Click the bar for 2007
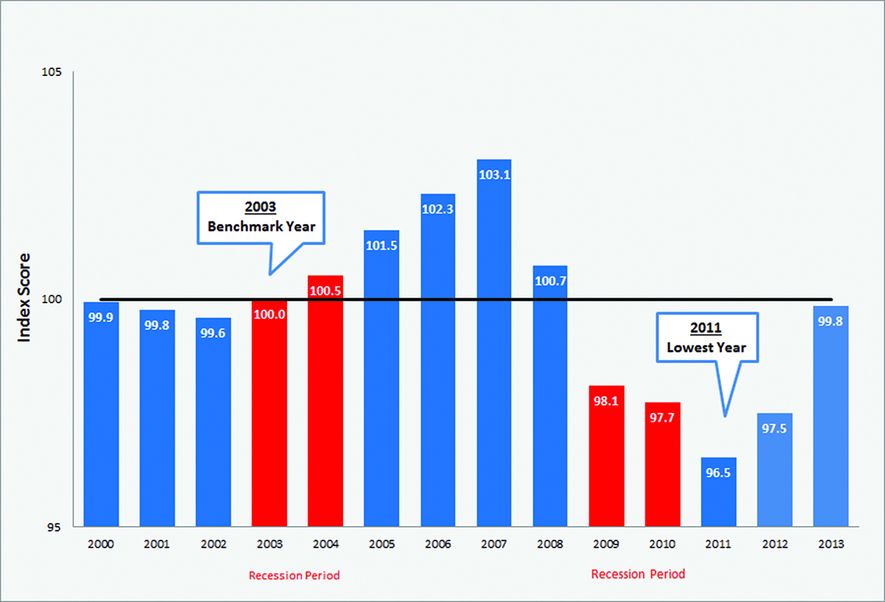pos(494,346)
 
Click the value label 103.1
pos(494,175)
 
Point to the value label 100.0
pos(269,313)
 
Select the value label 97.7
pos(662,417)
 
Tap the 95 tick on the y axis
pos(55,527)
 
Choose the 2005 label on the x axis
pos(382,545)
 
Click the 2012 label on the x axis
pos(774,545)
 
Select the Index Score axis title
pos(25,298)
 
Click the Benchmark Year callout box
pos(261,217)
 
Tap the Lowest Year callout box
pos(706,338)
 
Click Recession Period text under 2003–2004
pos(295,576)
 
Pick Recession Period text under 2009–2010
pos(638,574)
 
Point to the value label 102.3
pos(438,209)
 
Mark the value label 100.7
pos(550,281)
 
